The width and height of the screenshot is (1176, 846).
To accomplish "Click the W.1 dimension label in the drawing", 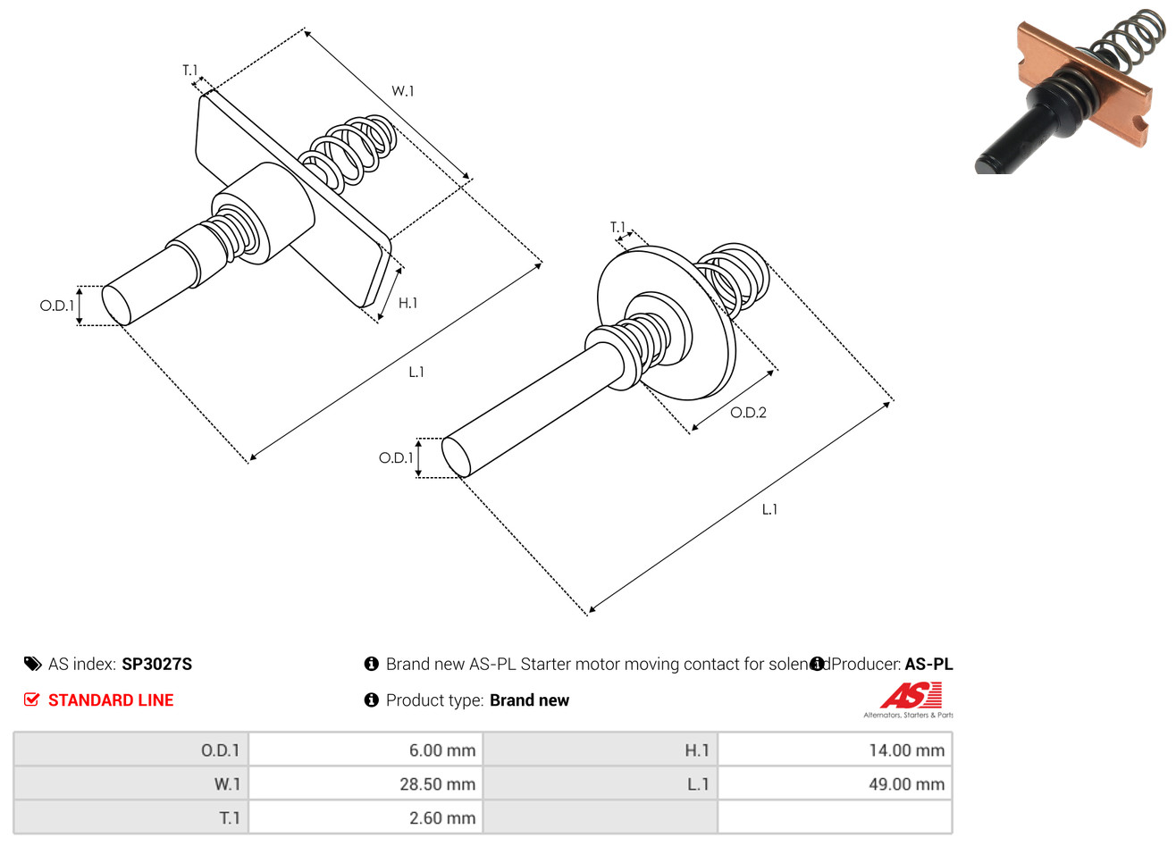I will pos(402,91).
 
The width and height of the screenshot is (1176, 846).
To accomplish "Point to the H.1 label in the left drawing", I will pos(407,304).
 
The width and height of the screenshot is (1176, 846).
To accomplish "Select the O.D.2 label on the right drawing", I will pos(748,413).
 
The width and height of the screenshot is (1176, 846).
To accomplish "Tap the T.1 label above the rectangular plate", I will pos(189,71).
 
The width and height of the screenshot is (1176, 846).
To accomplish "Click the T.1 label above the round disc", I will pos(617,228).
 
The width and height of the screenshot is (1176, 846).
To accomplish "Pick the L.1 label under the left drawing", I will pos(416,373).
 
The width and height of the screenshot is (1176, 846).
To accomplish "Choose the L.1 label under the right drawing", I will pos(769,510).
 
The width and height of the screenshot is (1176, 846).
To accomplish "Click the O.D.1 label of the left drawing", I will pos(56,306).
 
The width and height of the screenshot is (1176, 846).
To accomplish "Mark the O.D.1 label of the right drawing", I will pos(396,458).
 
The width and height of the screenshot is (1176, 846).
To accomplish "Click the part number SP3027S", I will pos(156,664).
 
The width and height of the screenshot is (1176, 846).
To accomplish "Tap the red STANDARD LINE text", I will pos(111,700).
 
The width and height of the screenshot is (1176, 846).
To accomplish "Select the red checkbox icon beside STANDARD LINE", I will pos(32,700).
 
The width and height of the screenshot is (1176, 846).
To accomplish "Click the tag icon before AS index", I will pos(33,664).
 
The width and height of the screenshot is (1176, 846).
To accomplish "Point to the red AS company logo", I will pos(911,696).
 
